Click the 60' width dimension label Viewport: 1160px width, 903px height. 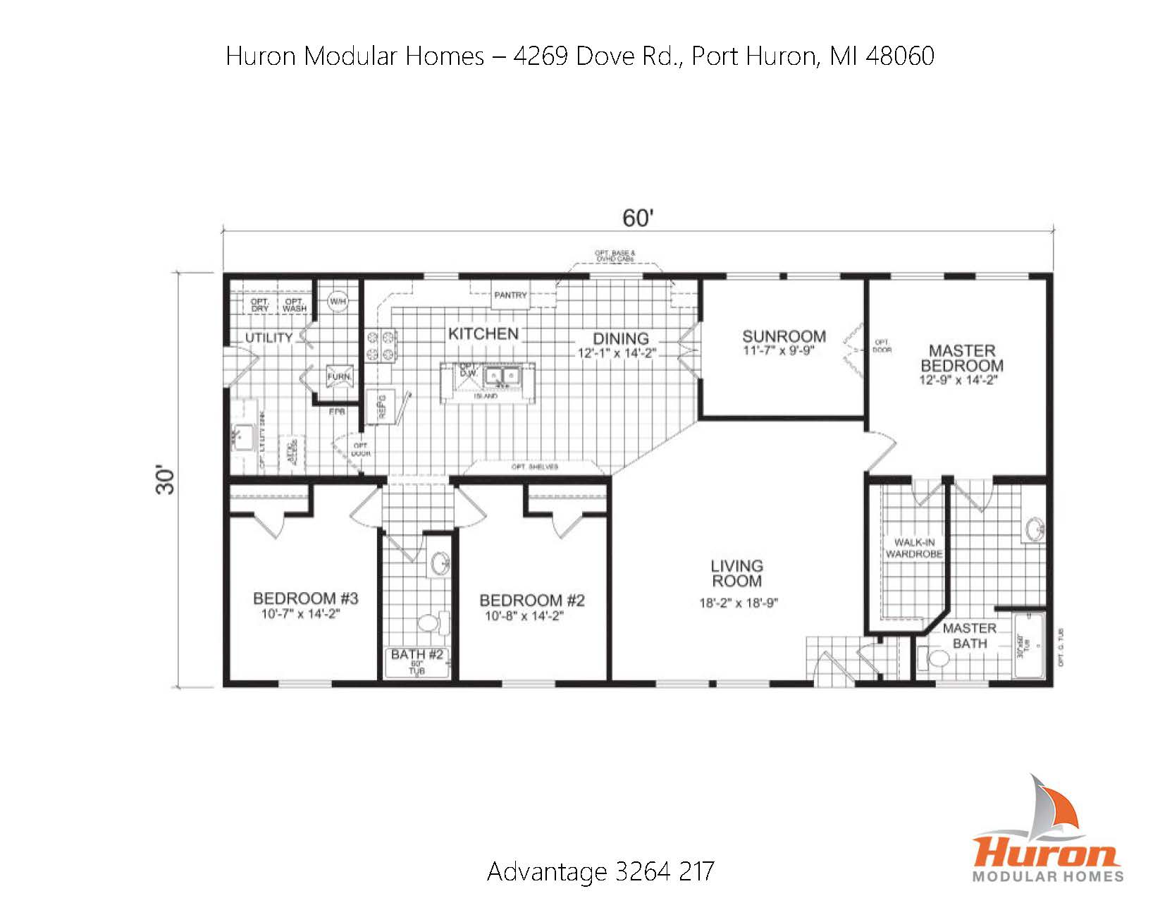638,219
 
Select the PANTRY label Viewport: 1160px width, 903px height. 510,295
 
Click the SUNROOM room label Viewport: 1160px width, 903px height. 784,336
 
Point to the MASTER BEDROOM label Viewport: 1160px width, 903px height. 962,358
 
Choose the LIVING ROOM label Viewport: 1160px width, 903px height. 736,573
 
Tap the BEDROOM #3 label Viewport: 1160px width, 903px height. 305,598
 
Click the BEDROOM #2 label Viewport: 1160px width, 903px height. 532,601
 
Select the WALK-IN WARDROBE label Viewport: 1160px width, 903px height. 914,548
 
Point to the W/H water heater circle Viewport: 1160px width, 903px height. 338,302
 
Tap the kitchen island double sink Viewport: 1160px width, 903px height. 502,378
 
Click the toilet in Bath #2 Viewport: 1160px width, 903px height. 431,622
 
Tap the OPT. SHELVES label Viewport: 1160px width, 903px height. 535,467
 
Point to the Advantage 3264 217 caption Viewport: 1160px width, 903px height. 600,871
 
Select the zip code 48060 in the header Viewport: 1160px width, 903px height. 899,56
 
